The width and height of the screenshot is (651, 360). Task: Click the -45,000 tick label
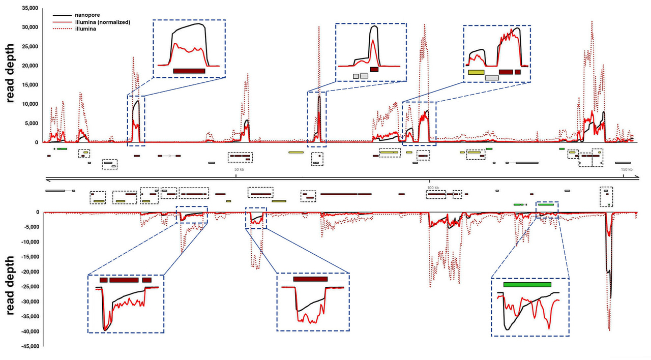[x=29, y=347]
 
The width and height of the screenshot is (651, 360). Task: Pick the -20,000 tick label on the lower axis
[x=29, y=272]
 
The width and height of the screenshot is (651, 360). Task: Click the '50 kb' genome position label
[x=239, y=169]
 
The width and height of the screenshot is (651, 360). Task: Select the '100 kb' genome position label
[x=433, y=188]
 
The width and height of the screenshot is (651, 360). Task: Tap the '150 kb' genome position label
[x=627, y=169]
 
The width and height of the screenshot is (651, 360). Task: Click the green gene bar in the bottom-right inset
[x=527, y=285]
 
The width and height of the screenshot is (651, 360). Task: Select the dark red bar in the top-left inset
[x=189, y=71]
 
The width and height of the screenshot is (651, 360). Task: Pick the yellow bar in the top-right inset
[x=476, y=72]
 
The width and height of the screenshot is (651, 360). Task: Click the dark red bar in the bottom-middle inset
[x=310, y=279]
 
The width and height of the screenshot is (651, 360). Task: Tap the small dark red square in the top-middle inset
[x=374, y=69]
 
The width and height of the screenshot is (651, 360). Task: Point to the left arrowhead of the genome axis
[x=47, y=179]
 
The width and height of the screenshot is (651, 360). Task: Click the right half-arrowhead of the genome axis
[x=636, y=178]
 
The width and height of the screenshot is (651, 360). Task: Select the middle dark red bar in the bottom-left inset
[x=124, y=280]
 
